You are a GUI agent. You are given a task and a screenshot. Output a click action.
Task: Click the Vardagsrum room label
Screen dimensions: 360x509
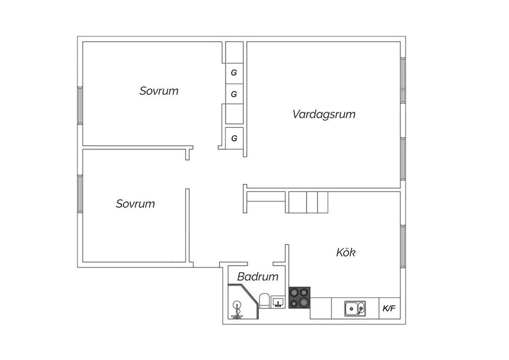[323, 114]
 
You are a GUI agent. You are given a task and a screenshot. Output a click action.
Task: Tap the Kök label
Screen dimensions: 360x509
[345, 252]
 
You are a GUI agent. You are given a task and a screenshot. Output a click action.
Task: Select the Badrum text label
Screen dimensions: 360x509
[258, 276]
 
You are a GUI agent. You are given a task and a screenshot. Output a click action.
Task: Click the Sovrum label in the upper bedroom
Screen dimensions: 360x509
[159, 91]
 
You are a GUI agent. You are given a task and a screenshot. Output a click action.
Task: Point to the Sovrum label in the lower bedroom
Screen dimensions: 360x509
[135, 204]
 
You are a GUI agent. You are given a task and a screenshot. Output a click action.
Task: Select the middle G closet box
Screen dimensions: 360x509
[234, 94]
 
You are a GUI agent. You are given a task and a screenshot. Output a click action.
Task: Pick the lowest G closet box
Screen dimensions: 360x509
[234, 138]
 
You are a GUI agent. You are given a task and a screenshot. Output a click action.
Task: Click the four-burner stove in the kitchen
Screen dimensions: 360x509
[300, 297]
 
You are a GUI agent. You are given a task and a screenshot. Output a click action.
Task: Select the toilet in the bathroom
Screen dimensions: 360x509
[264, 301]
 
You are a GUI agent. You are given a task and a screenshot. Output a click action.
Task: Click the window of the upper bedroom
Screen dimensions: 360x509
[80, 106]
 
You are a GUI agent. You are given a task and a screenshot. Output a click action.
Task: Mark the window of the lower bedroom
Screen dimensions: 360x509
[80, 194]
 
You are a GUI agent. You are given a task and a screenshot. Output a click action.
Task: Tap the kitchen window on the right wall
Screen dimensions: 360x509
[403, 247]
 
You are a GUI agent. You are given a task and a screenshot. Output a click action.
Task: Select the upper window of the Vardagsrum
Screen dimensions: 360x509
[403, 80]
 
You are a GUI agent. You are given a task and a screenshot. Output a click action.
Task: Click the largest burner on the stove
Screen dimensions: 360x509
[304, 302]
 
